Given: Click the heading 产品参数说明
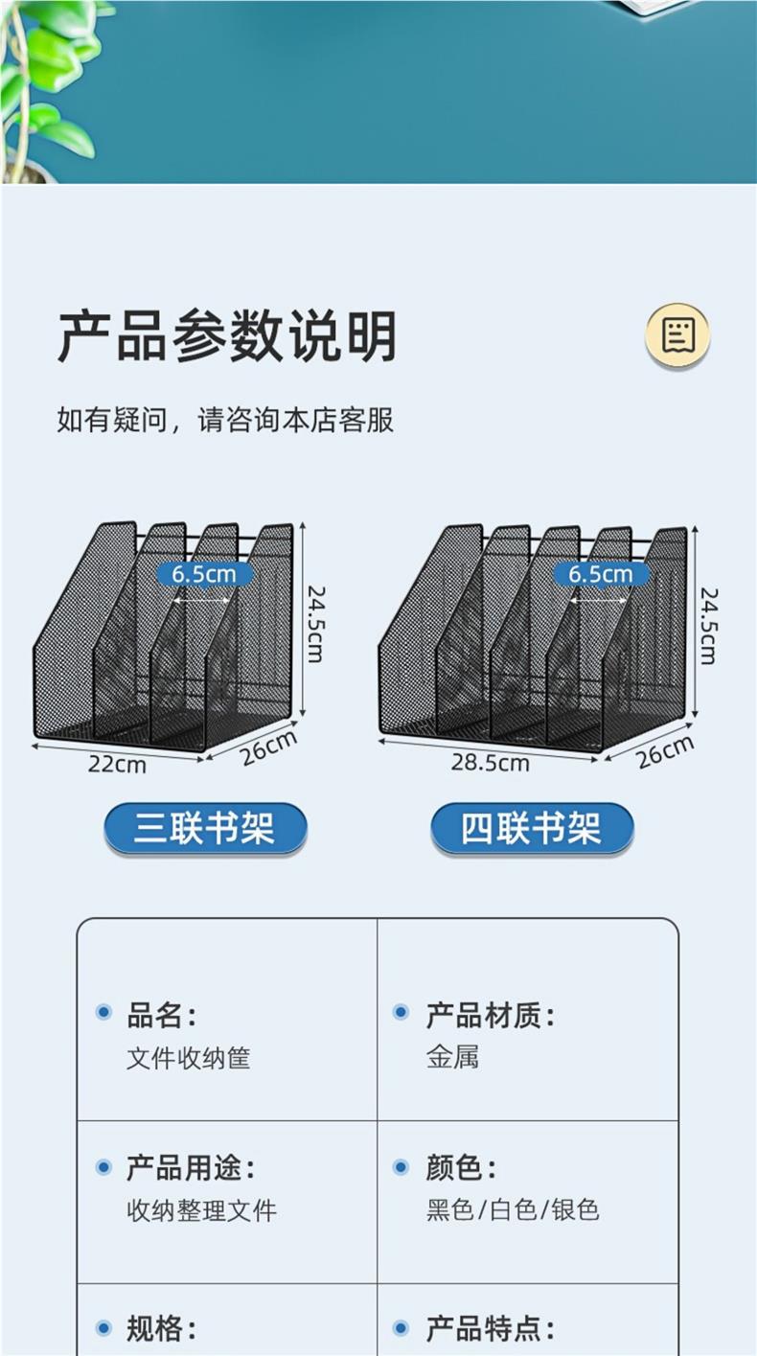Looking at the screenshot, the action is click(227, 336).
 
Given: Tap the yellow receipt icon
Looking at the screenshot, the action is click(677, 335).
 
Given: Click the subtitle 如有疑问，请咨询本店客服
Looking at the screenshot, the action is click(225, 420).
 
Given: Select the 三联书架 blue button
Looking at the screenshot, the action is click(205, 828).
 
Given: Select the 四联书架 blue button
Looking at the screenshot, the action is click(532, 828).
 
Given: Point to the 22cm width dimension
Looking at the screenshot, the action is click(117, 765).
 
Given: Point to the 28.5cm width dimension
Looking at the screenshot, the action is click(490, 763).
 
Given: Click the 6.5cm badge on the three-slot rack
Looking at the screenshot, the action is click(204, 574).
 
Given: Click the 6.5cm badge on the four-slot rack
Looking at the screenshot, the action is click(601, 574).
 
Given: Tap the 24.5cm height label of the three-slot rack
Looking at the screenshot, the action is click(314, 623).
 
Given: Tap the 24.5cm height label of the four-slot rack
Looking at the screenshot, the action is click(707, 625).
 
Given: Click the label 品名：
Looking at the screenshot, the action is click(161, 1015).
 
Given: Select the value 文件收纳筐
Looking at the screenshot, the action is click(188, 1058).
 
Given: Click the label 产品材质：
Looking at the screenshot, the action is click(490, 1015).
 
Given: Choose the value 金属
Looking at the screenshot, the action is click(452, 1057).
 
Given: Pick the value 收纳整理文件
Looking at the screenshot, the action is click(201, 1210).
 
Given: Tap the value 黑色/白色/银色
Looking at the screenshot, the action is click(513, 1210).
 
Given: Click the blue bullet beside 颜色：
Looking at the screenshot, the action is click(401, 1167).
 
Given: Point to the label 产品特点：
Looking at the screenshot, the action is click(490, 1329).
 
